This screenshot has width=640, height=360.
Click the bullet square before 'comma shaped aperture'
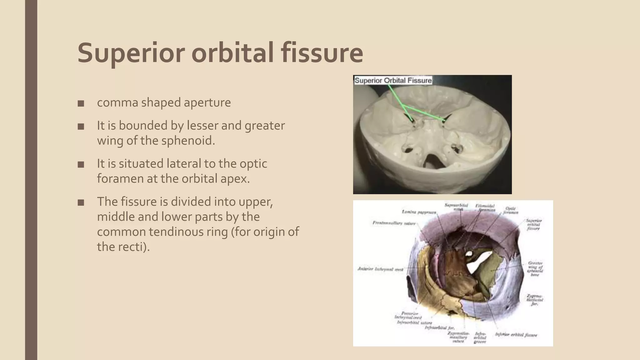click(81, 103)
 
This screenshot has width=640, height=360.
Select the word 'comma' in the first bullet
click(117, 103)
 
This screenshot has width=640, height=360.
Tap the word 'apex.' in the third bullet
click(236, 179)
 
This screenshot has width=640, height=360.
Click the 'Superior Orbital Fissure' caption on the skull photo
click(393, 81)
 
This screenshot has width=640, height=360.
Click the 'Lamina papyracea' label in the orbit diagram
click(419, 212)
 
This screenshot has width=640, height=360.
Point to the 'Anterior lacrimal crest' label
click(380, 269)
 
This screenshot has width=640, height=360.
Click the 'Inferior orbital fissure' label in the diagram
click(516, 335)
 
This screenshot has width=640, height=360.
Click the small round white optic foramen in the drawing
click(469, 254)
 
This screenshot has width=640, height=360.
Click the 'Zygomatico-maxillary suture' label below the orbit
click(458, 337)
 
